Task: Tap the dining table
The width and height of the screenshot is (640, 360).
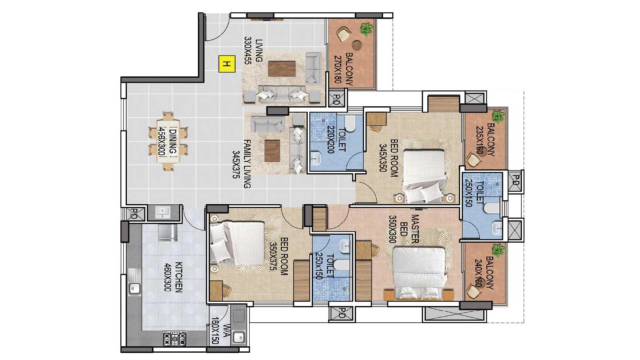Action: [x=168, y=142]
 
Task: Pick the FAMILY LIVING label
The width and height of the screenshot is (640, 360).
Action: [x=247, y=164]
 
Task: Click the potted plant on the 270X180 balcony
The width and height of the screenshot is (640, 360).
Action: [x=367, y=29]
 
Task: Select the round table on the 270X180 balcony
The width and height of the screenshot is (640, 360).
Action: [x=357, y=45]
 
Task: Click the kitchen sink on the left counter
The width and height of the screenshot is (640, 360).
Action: [x=135, y=287]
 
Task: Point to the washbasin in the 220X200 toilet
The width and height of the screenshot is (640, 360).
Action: [x=316, y=159]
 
